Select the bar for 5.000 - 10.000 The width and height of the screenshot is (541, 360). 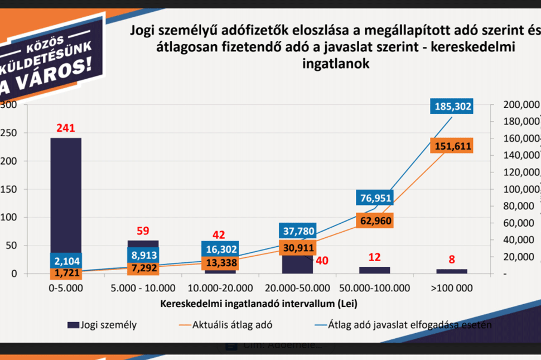143,244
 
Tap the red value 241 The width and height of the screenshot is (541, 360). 66,128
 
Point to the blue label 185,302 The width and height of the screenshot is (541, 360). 451,105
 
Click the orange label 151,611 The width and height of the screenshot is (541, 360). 451,147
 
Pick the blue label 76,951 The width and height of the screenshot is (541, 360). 374,198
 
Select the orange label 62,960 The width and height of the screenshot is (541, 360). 374,220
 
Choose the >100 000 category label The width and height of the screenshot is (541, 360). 451,288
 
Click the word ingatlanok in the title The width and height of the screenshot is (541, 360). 335,64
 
